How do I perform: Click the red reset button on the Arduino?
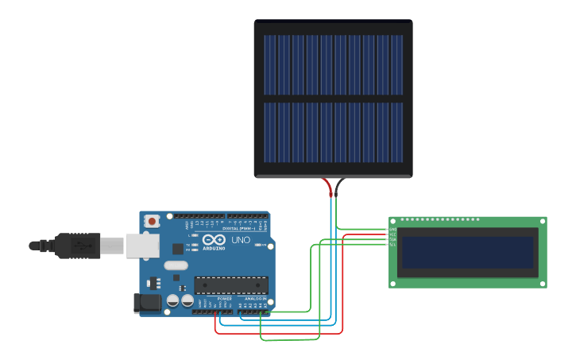pyautogui.click(x=151, y=221)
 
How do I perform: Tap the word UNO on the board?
pyautogui.click(x=241, y=240)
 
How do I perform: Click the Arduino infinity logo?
pyautogui.click(x=214, y=239)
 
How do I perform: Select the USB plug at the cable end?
pyautogui.click(x=78, y=246)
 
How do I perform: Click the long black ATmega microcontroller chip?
pyautogui.click(x=231, y=285)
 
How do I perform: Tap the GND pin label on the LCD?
pyautogui.click(x=392, y=230)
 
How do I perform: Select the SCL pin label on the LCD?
pyautogui.click(x=392, y=244)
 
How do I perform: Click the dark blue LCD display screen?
pyautogui.click(x=467, y=252)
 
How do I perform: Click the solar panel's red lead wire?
pyautogui.click(x=329, y=188)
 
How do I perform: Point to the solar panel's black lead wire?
pyautogui.click(x=338, y=188)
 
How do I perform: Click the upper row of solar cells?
pyautogui.click(x=333, y=64)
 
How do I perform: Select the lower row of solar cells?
pyautogui.click(x=333, y=132)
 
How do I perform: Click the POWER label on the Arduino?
pyautogui.click(x=225, y=299)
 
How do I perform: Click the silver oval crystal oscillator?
pyautogui.click(x=176, y=265)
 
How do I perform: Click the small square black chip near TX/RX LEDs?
pyautogui.click(x=178, y=249)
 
